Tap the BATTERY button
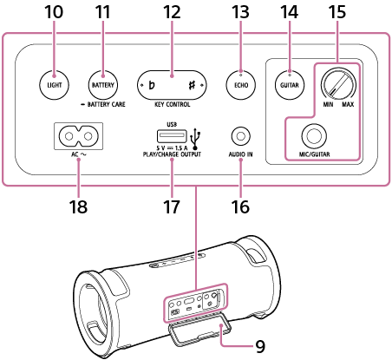tap(103, 85)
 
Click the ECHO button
tap(241, 85)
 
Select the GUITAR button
tap(290, 85)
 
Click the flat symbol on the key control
tap(151, 85)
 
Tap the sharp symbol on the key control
tap(192, 85)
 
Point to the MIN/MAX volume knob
tap(338, 85)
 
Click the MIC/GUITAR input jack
tap(314, 135)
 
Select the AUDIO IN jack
tap(241, 136)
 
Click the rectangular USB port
tap(172, 136)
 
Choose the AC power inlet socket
tap(79, 136)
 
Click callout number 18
tap(78, 206)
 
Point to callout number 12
tap(172, 12)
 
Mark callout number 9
tap(260, 346)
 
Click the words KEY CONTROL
tap(173, 104)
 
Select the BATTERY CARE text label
tap(103, 104)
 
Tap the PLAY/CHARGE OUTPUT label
tap(172, 154)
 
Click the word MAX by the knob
tap(348, 104)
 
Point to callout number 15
tap(337, 12)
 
